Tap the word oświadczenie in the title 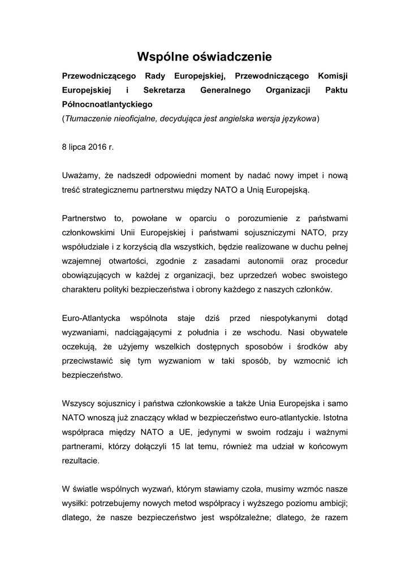click(232, 57)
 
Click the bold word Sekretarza click(162, 90)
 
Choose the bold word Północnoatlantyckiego click(107, 105)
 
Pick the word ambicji click(331, 503)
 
